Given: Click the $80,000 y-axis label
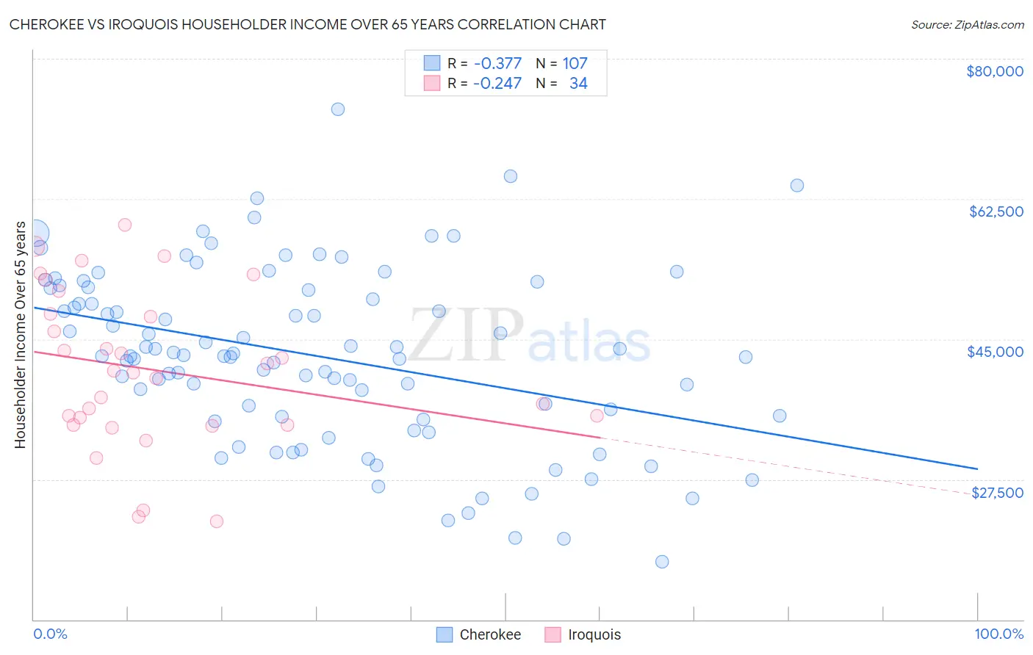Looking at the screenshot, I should click(994, 71).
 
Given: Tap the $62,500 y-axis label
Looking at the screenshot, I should click(996, 211).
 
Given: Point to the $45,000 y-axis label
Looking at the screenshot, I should click(995, 352).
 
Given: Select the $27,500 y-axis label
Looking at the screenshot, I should click(997, 493).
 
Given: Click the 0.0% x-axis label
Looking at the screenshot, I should click(50, 634).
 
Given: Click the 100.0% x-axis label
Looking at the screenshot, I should click(998, 634).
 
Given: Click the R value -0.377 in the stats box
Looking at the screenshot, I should click(497, 63).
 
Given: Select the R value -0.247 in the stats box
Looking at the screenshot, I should click(497, 83).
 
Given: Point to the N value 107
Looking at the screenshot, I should click(575, 63).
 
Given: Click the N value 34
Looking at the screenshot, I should click(578, 83).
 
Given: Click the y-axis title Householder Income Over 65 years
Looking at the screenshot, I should click(20, 334).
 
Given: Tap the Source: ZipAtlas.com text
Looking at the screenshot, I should click(967, 24).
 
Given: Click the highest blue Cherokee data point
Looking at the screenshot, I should click(338, 109).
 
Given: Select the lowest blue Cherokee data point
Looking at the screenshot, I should click(662, 562).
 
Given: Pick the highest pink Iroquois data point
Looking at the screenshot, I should click(125, 225).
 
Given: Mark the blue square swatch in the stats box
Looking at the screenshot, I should click(432, 63).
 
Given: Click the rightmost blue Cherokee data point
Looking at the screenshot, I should click(797, 185).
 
